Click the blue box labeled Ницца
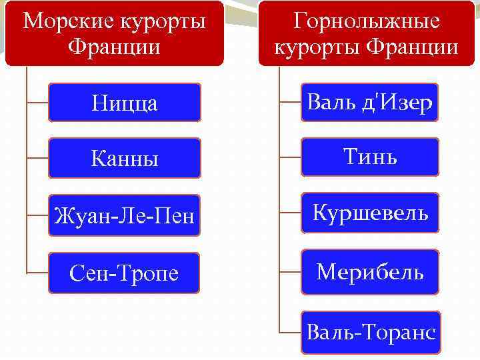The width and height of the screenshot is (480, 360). pos(124,103)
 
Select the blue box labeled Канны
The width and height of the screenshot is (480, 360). pos(124,158)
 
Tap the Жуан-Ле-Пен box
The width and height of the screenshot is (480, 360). pos(124,215)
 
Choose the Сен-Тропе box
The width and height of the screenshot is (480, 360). pos(124,273)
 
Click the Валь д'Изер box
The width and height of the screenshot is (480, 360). pos(369,103)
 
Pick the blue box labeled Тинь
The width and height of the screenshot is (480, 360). pos(369,157)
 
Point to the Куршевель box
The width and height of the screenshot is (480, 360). pos(369,213)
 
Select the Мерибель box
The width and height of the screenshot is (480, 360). pos(369,271)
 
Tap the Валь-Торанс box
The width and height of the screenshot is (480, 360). pos(369,331)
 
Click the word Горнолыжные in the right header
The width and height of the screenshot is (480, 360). pos(367,21)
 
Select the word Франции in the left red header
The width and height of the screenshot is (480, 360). pos(115,48)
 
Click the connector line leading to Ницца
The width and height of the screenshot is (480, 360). pos(37,103)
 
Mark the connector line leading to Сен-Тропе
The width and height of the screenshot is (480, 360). pos(37,273)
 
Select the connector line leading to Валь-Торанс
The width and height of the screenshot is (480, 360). pos(290,331)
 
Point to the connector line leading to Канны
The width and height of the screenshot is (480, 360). pos(37,158)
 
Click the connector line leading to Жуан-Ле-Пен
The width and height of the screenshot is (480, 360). pos(37,215)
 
